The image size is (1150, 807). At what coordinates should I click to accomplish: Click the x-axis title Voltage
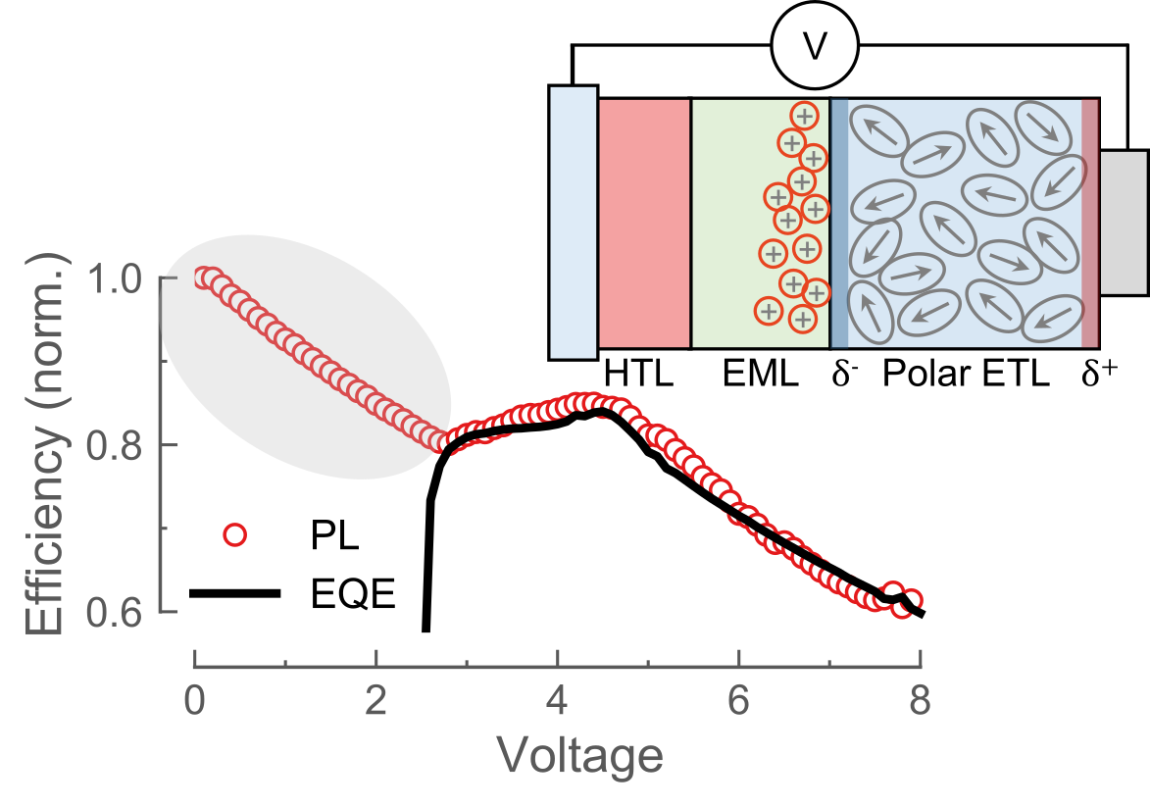coord(579,756)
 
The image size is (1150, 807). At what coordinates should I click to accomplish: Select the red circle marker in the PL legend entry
coord(235,535)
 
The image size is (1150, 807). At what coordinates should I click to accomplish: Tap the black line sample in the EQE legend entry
coord(235,594)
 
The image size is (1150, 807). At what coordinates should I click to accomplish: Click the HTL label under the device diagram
coord(638,374)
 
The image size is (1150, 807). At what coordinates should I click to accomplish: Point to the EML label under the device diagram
coord(761,374)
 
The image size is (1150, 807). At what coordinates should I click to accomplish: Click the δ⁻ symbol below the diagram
coord(844,374)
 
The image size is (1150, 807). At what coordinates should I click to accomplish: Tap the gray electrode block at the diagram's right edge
coord(1124,223)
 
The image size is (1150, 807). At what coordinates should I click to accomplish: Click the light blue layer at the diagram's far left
coord(574,223)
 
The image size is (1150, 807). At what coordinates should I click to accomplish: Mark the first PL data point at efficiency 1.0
coord(204,277)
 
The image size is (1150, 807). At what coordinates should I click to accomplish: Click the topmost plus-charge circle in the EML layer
coord(804,116)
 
